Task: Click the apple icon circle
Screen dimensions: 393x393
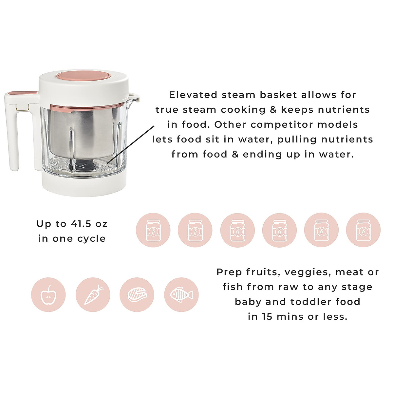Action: point(48,294)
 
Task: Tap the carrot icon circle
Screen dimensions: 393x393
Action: point(93,294)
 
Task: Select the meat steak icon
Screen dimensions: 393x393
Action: point(137,294)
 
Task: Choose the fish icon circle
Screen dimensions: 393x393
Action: point(181,294)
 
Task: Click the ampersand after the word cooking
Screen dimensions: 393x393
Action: point(273,110)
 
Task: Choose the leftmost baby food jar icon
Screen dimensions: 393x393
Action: point(153,230)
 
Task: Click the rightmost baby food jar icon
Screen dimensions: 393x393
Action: point(363,230)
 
